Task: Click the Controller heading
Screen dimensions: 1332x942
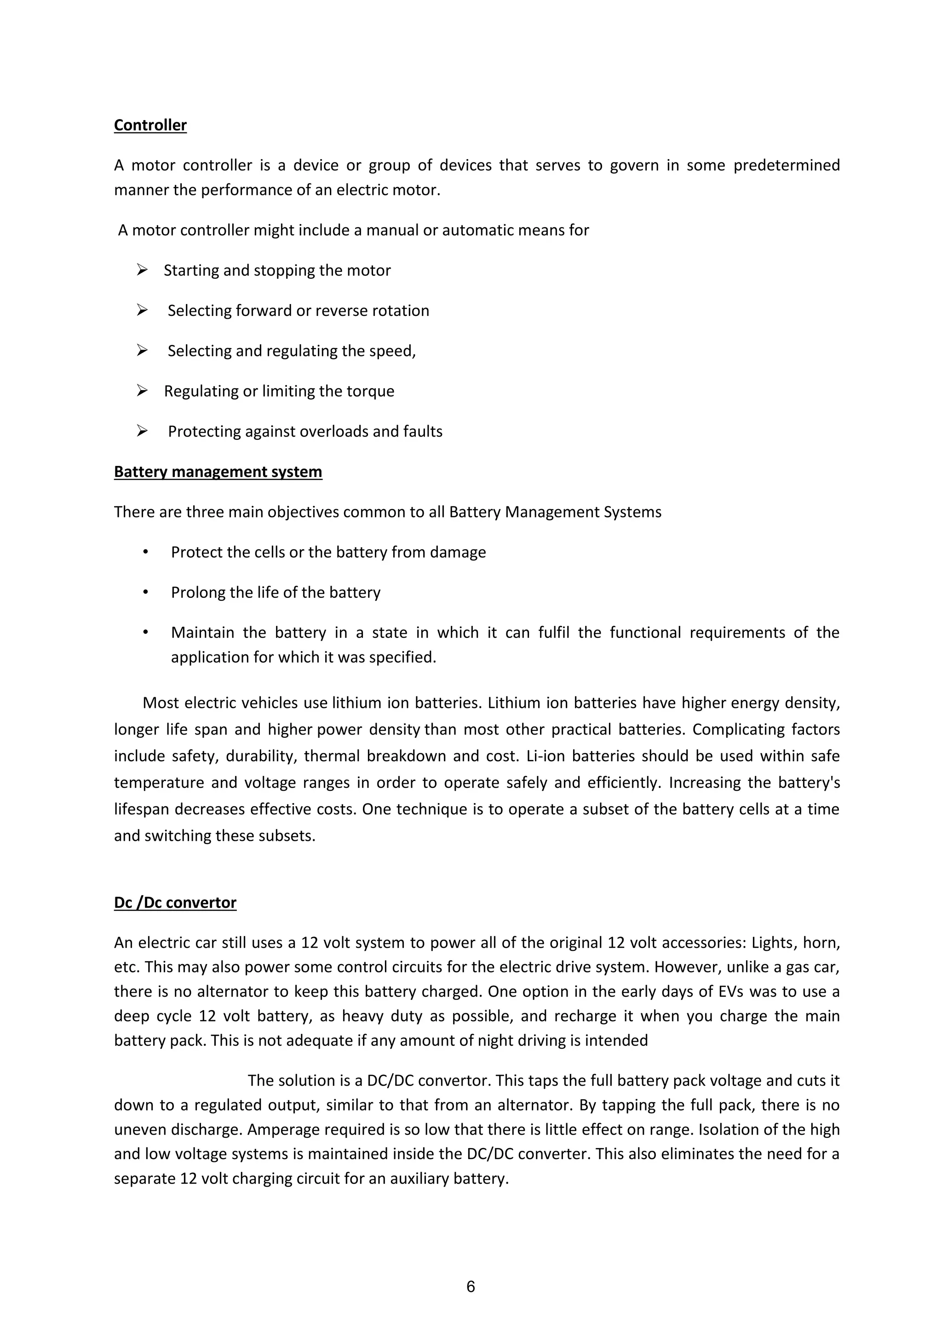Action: click(x=150, y=125)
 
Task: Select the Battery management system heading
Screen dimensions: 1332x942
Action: click(x=218, y=471)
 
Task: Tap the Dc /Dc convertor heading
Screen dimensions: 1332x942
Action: click(x=175, y=903)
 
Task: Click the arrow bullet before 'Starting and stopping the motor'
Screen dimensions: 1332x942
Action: click(x=142, y=270)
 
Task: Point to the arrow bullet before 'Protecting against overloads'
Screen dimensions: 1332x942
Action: click(x=142, y=431)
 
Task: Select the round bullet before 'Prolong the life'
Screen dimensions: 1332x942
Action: click(x=146, y=592)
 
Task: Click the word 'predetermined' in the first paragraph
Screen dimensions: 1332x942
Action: click(x=787, y=165)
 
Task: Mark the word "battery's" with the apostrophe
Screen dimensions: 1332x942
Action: click(x=809, y=783)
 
